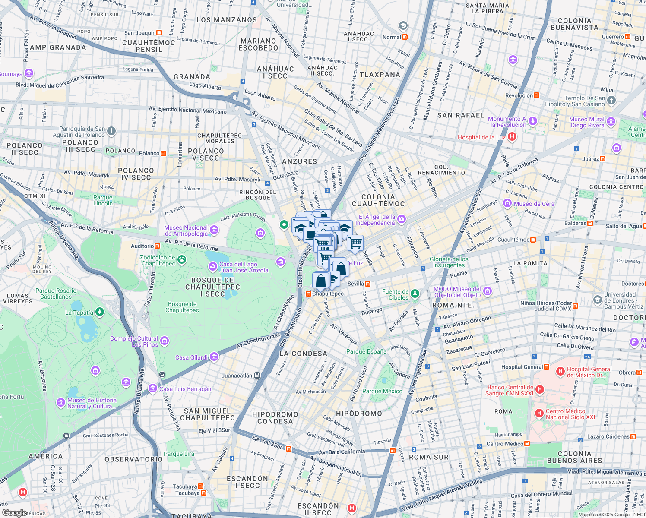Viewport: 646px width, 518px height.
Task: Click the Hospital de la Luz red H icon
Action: pyautogui.click(x=512, y=137)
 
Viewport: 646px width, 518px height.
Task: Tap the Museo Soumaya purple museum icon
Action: pyautogui.click(x=29, y=74)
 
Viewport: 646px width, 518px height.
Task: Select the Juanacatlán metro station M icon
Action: pyautogui.click(x=257, y=376)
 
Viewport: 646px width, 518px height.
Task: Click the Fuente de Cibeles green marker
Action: pyautogui.click(x=415, y=294)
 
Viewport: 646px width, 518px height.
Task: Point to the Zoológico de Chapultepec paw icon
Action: pyautogui.click(x=182, y=259)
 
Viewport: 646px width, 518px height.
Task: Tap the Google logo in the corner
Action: pyautogui.click(x=14, y=512)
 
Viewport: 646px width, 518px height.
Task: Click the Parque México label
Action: pyautogui.click(x=382, y=391)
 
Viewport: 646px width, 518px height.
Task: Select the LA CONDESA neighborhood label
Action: pyautogui.click(x=303, y=354)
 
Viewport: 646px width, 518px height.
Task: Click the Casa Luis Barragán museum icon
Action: pyautogui.click(x=152, y=388)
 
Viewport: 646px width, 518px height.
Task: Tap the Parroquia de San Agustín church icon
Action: pyautogui.click(x=111, y=131)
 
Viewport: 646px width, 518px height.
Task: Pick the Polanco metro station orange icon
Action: pyautogui.click(x=163, y=153)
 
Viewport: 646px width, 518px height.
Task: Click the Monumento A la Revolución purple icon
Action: pyautogui.click(x=533, y=121)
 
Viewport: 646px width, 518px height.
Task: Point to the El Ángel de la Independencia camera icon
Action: pyautogui.click(x=402, y=219)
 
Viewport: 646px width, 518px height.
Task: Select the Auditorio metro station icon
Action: pyautogui.click(x=157, y=246)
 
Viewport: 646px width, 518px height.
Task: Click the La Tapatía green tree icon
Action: pyautogui.click(x=100, y=312)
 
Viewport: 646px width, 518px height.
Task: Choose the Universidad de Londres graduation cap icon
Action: pyautogui.click(x=597, y=300)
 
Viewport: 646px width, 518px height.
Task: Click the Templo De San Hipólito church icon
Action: pyautogui.click(x=611, y=101)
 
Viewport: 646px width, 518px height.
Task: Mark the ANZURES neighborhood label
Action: pyautogui.click(x=299, y=161)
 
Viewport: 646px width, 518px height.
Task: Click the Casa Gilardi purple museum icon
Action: pyautogui.click(x=214, y=357)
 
